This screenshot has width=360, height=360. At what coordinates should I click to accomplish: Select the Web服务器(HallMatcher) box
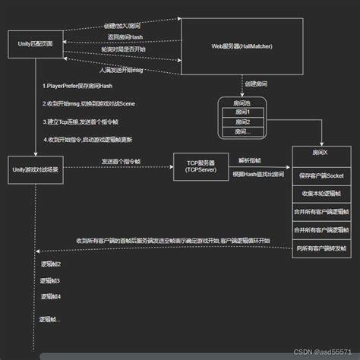(x=242, y=46)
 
